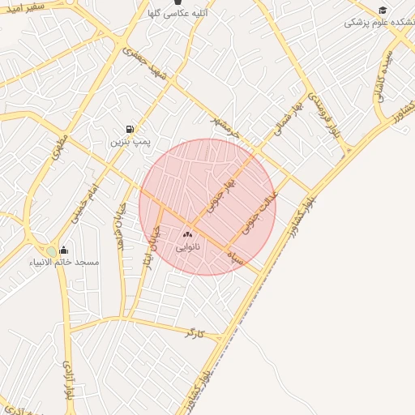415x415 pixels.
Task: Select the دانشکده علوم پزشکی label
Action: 379,23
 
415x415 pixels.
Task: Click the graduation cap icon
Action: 383,10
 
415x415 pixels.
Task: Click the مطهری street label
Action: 58,152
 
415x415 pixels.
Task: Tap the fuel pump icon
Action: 129,129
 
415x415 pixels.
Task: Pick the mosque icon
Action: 64,250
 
